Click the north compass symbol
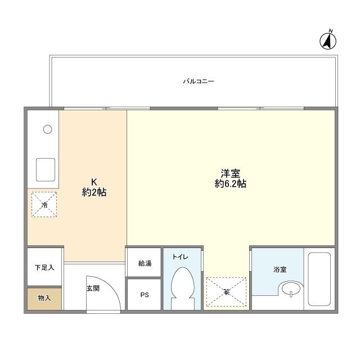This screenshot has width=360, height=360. pos(327,40)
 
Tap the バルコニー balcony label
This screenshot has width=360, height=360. pos(199,82)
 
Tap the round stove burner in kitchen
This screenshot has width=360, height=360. pos(48,129)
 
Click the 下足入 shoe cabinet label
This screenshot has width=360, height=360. pos(44,267)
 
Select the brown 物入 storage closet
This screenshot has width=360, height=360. pos(44,298)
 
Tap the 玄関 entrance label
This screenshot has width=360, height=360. pos(93,289)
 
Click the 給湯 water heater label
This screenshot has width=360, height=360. pos(144,263)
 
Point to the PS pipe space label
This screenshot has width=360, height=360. pos(144,295)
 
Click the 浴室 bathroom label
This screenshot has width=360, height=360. pos(280,270)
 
